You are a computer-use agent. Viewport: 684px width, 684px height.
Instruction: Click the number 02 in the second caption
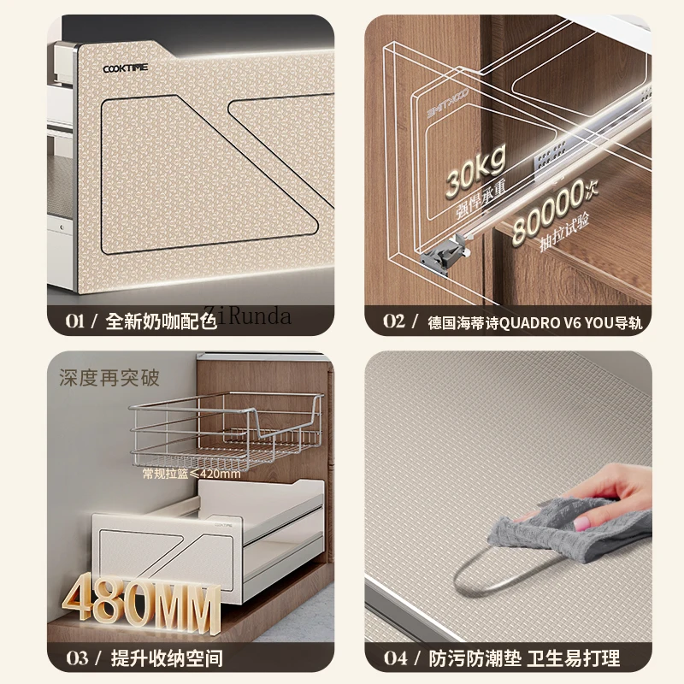coord(393,321)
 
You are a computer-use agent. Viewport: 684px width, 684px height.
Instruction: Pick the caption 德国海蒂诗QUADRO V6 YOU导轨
coord(534,322)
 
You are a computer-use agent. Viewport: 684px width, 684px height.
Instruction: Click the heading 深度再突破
coord(109,377)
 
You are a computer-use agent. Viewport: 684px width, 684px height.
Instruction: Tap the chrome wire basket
coord(227,427)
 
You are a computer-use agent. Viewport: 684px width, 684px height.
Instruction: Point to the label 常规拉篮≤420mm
coord(192,473)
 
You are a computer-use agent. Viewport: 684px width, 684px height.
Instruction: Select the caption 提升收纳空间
coord(163,657)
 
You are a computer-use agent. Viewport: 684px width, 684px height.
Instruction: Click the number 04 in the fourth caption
coord(394,657)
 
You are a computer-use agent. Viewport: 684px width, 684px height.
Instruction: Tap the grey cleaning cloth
coord(547,530)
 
